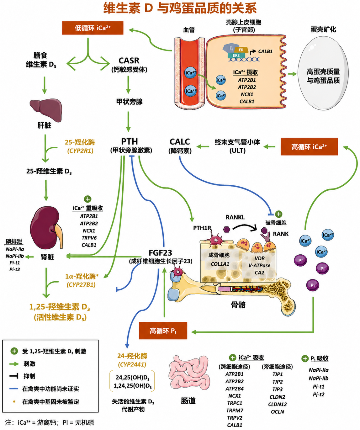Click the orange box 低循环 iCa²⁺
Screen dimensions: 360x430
[93, 28]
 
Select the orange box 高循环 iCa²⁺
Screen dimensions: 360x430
[309, 147]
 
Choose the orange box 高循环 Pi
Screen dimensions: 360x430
[163, 331]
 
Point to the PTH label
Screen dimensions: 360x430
[129, 142]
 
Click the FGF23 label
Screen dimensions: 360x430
[160, 253]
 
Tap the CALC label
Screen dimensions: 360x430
[180, 142]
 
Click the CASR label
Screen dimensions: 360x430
[129, 60]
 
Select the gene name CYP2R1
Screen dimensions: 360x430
[80, 151]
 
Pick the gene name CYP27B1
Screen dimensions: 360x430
[81, 285]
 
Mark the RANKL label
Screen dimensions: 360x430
[235, 217]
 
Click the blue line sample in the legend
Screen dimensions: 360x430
[14, 389]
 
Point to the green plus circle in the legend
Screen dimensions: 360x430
[14, 351]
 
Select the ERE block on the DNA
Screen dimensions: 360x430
[236, 55]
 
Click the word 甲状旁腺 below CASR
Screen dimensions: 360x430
[129, 102]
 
